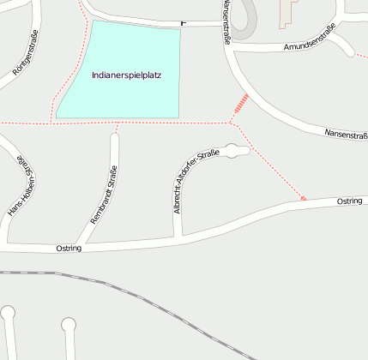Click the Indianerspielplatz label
click(x=126, y=75)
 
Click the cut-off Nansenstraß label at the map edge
click(x=347, y=134)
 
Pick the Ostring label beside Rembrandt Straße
click(x=68, y=248)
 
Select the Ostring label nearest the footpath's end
click(x=349, y=200)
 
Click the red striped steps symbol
click(x=242, y=105)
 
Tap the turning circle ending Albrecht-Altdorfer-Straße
click(x=233, y=150)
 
